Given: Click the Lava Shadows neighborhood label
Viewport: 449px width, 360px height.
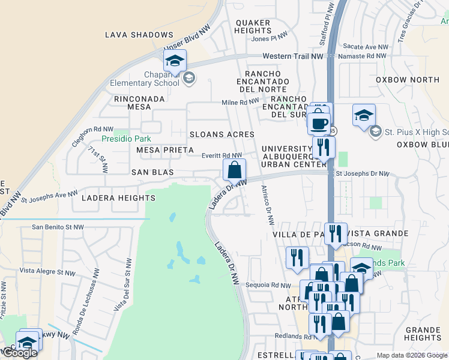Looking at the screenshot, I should pyautogui.click(x=139, y=35).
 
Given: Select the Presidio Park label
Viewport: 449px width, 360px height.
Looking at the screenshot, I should pyautogui.click(x=125, y=139).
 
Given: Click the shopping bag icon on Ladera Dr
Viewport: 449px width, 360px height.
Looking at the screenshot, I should pyautogui.click(x=235, y=169).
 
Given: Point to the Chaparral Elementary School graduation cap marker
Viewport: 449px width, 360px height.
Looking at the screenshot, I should pyautogui.click(x=175, y=60).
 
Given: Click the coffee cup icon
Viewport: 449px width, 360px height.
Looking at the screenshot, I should pyautogui.click(x=319, y=122).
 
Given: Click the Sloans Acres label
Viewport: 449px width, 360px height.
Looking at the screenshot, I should pyautogui.click(x=221, y=134).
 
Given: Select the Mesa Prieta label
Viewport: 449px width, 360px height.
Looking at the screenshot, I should pyautogui.click(x=165, y=149).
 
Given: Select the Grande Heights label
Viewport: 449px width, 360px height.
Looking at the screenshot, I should pyautogui.click(x=423, y=334).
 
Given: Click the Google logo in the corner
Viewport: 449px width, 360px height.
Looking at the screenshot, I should pyautogui.click(x=20, y=353).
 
